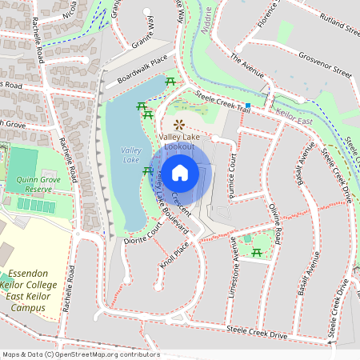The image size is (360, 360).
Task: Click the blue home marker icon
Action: (x=180, y=172)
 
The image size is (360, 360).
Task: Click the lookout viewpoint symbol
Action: (x=178, y=124)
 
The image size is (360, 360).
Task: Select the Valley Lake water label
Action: (x=130, y=155)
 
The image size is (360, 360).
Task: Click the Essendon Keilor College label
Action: (x=38, y=285)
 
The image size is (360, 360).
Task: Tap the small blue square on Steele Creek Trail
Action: (x=249, y=106)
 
